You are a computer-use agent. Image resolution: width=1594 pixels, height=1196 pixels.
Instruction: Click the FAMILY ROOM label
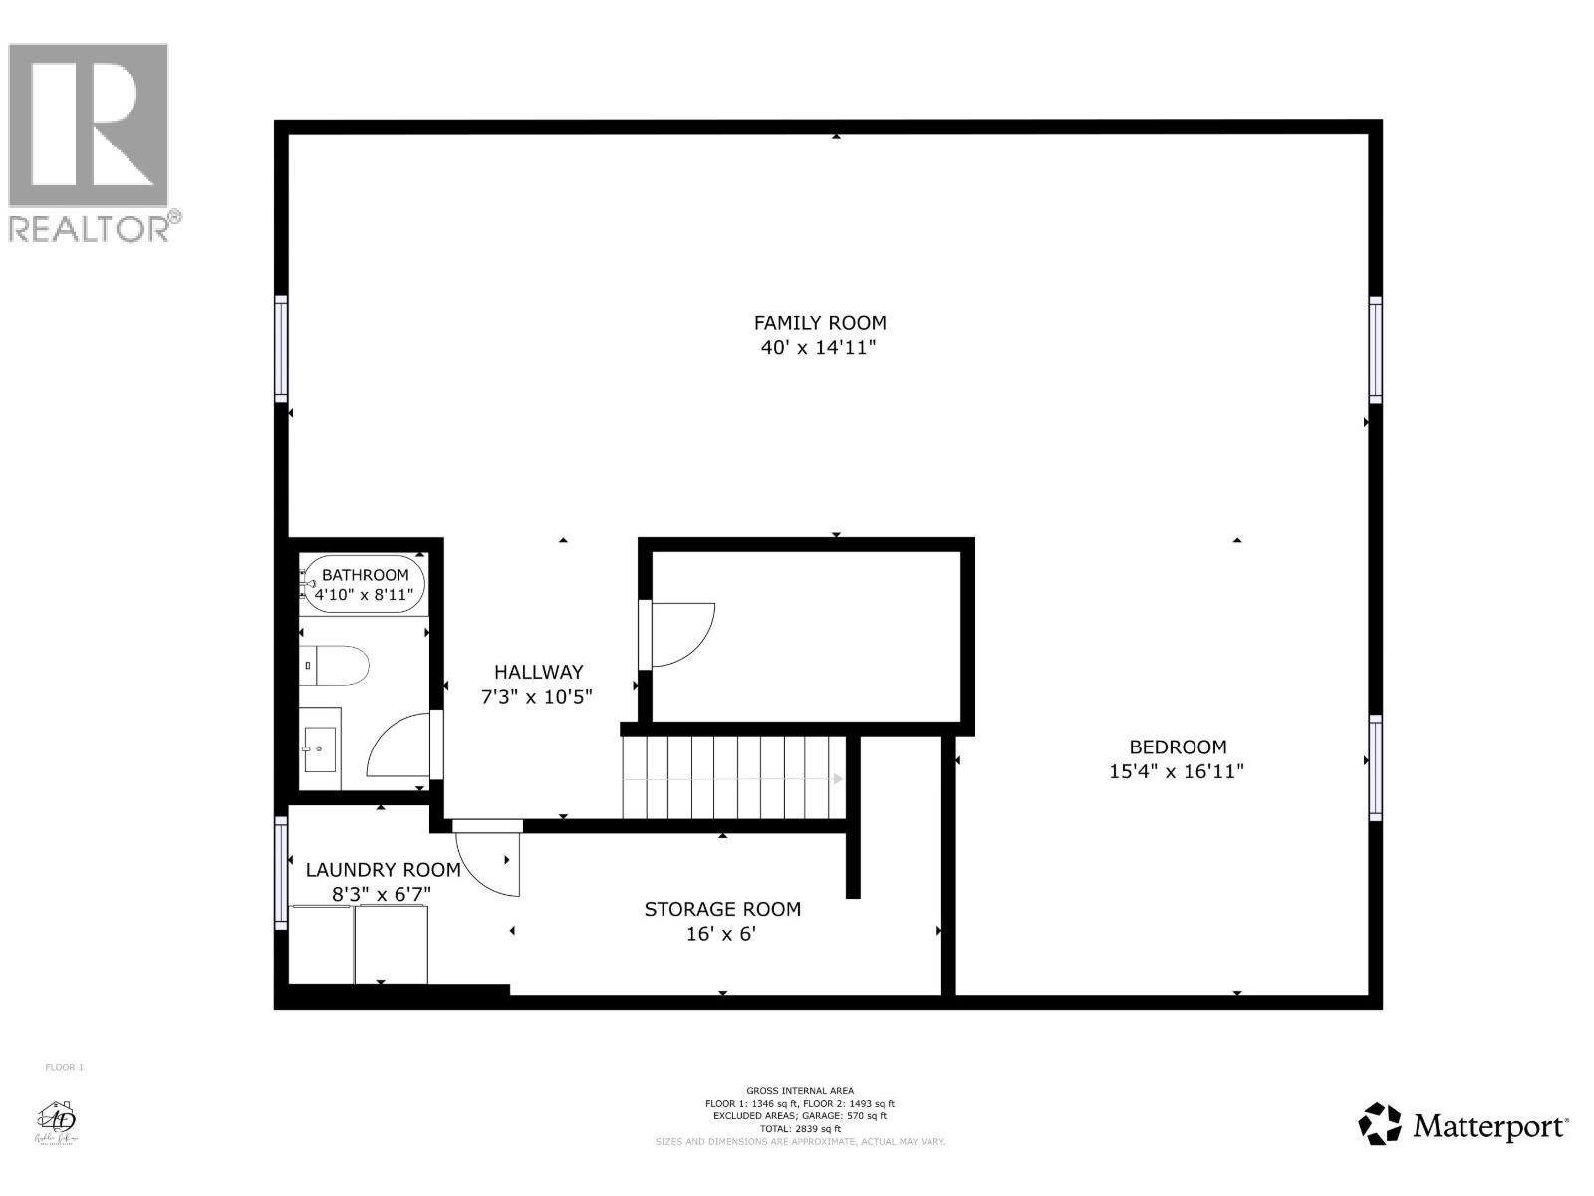[x=819, y=323]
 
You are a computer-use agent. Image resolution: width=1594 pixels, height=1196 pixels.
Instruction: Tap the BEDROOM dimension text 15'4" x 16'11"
[x=1177, y=771]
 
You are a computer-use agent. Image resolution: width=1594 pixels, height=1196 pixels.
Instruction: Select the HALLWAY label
[x=538, y=672]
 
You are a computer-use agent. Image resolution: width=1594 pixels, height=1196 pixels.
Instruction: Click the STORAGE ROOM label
[x=722, y=909]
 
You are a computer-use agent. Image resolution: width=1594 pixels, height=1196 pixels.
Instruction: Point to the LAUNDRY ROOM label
[x=383, y=870]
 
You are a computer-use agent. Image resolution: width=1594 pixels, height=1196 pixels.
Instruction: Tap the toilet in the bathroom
[x=337, y=665]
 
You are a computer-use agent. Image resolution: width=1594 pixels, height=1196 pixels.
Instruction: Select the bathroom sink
[x=320, y=749]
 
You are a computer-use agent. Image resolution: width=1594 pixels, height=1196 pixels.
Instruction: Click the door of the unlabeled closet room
[x=679, y=635]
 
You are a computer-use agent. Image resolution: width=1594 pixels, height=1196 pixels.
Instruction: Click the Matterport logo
[x=1463, y=1126]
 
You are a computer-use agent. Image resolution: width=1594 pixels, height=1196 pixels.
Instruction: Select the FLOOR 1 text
[x=65, y=1068]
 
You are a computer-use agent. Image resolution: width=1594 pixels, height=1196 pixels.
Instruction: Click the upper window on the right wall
[x=1375, y=350]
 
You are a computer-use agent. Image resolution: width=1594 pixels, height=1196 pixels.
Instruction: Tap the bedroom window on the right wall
[x=1375, y=767]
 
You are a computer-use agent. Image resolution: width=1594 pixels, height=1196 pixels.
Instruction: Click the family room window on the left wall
[x=282, y=349]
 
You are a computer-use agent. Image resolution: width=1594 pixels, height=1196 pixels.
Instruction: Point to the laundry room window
[x=282, y=873]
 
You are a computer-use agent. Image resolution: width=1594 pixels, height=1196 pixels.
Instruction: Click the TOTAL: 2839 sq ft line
[x=800, y=1129]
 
